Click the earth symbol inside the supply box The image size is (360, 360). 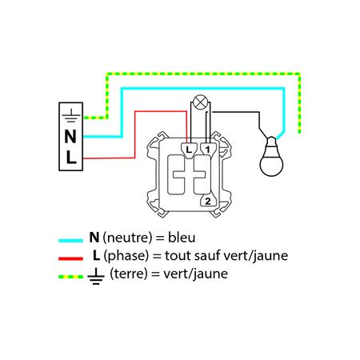(70, 115)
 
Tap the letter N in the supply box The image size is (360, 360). (70, 137)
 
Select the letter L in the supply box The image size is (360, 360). (71, 158)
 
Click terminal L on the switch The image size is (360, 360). (189, 150)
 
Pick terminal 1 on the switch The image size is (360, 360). (208, 150)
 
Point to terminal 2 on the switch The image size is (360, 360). (208, 201)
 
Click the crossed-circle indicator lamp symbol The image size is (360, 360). (200, 102)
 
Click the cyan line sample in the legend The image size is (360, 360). (70, 241)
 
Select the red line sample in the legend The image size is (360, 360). (70, 258)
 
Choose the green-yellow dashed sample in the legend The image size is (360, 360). (70, 277)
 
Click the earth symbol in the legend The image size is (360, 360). (96, 276)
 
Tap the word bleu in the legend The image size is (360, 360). (182, 238)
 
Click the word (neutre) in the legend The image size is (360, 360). (127, 238)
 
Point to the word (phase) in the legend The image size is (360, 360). (126, 256)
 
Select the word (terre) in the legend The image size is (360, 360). (129, 274)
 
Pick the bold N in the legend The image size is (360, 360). (94, 238)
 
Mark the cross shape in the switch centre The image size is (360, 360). (189, 175)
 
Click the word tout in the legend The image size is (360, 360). (178, 255)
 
